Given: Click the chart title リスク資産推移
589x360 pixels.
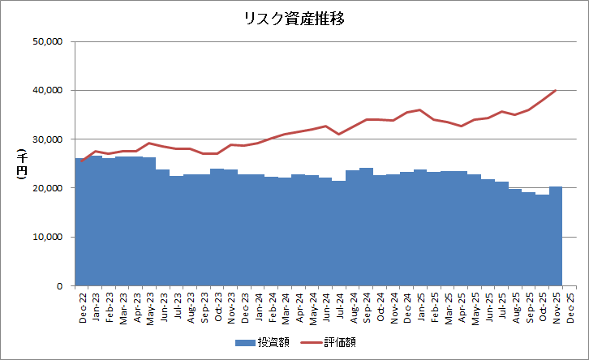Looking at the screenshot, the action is (x=294, y=19).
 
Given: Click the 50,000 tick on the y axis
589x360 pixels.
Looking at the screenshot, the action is (x=47, y=41).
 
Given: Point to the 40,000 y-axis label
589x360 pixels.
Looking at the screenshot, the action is (x=47, y=91).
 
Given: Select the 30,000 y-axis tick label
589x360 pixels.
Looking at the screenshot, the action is (x=47, y=139).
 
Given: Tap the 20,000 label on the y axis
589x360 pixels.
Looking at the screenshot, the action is (x=47, y=188).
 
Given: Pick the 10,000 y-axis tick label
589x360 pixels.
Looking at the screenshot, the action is (x=47, y=238).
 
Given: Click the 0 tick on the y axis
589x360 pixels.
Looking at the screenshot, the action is (x=60, y=286).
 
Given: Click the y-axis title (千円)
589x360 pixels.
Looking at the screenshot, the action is (x=22, y=164).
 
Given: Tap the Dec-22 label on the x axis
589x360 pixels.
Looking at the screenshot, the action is (x=83, y=308).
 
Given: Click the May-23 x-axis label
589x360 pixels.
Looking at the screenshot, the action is (x=151, y=309).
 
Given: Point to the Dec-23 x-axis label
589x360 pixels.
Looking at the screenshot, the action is (x=245, y=308).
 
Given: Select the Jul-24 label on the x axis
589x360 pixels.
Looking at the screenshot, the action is (x=340, y=306).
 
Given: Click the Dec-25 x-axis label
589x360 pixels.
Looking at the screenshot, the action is (x=570, y=308).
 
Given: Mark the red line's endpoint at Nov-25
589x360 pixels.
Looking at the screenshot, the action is (x=556, y=90).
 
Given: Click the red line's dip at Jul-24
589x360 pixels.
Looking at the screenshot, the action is (x=339, y=134).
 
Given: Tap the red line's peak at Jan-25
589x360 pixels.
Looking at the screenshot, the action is (x=420, y=109).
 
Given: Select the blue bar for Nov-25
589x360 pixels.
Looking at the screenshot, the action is (x=556, y=236).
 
